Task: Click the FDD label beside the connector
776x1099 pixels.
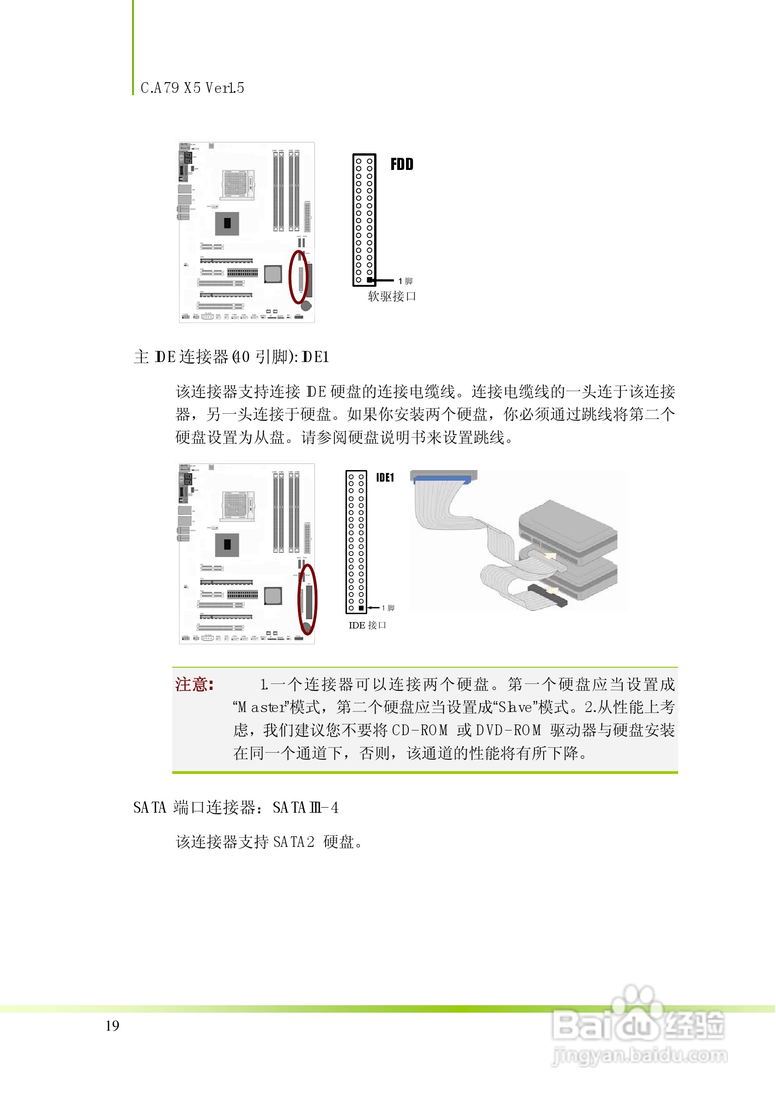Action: click(x=402, y=164)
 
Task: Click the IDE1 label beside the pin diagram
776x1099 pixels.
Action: click(x=385, y=478)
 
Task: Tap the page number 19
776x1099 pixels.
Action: click(x=113, y=1026)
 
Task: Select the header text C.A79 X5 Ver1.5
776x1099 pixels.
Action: click(x=193, y=88)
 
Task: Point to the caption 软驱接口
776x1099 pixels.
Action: click(x=392, y=297)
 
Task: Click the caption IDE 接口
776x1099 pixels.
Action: click(x=367, y=626)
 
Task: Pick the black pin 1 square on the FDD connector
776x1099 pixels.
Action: click(x=370, y=280)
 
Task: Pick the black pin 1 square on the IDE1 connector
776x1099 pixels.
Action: click(x=361, y=608)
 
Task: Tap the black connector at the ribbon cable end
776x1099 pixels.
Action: click(x=547, y=596)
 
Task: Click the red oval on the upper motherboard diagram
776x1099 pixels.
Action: click(x=299, y=277)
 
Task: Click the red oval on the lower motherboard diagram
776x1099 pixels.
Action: click(x=307, y=599)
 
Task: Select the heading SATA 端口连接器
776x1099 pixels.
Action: click(x=198, y=808)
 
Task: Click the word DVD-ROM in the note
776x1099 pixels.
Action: click(x=509, y=731)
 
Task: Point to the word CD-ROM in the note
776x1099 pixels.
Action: click(x=420, y=731)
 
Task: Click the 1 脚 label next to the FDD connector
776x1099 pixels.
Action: click(x=406, y=281)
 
